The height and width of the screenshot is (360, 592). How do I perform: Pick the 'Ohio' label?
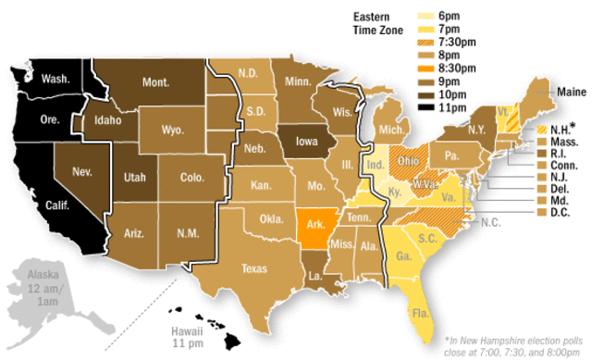408,159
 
